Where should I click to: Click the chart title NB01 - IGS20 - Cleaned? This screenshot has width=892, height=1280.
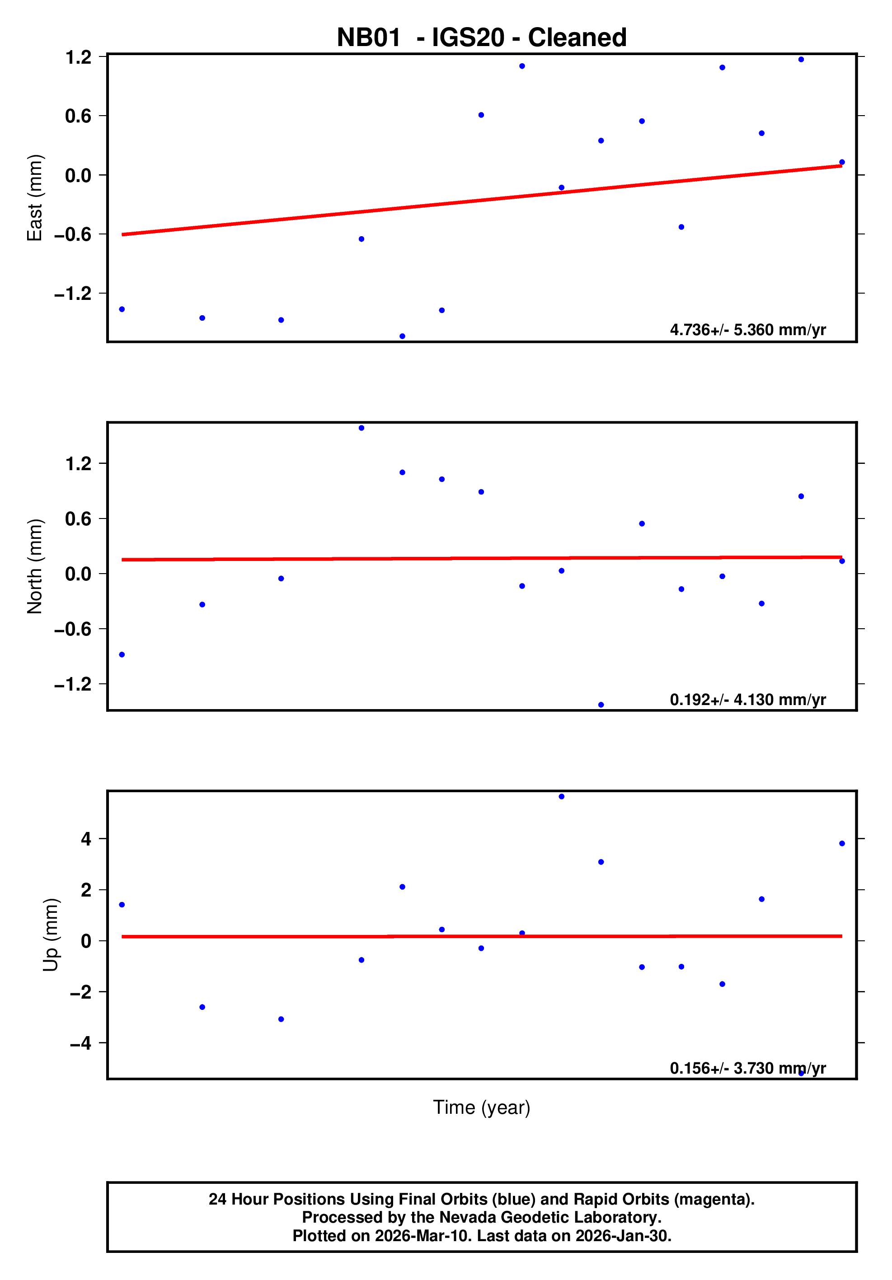coord(481,38)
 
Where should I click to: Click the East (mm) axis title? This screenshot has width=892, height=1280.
coord(35,198)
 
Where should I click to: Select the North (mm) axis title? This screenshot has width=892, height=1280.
coord(35,566)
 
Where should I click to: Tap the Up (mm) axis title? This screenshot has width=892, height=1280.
coord(51,935)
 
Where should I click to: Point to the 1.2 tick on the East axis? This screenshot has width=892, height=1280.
coord(78,57)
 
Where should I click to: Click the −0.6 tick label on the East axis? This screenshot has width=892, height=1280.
coord(72,234)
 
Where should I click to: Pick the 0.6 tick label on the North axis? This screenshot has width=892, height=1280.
coord(78,519)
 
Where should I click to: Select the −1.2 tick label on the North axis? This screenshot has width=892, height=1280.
coord(72,685)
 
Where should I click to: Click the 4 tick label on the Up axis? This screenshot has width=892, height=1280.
coord(86,839)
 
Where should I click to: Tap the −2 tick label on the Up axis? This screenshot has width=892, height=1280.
coord(80,992)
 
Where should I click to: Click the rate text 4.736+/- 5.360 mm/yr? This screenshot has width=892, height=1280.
coord(747,330)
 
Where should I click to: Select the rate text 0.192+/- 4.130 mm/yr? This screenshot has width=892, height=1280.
coord(747,700)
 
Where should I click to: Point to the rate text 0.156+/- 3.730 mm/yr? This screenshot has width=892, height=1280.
coord(747,1068)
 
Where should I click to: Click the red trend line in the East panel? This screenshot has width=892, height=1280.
coord(481,200)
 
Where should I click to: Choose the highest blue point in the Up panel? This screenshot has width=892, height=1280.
coord(561,797)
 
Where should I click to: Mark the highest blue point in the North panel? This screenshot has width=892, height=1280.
coord(361,428)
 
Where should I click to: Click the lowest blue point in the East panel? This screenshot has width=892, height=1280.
coord(402,336)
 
